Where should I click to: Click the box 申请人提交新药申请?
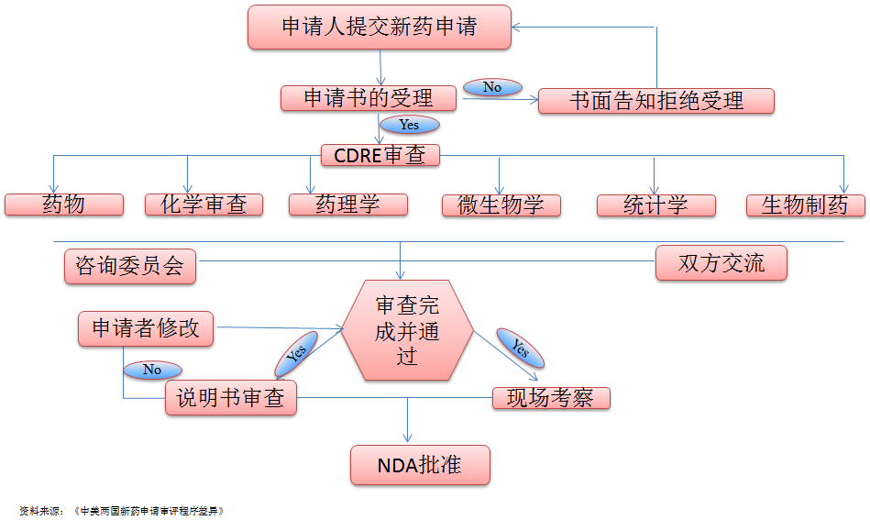click(x=380, y=27)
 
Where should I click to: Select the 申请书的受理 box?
click(x=369, y=98)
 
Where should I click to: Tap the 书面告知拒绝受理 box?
click(x=656, y=101)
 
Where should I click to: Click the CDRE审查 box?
click(x=380, y=155)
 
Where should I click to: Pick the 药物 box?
click(x=64, y=205)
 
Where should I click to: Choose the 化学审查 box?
click(x=204, y=205)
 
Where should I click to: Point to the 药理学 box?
click(x=347, y=205)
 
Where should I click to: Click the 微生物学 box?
click(x=501, y=205)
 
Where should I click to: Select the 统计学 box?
click(x=655, y=205)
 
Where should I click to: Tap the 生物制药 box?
click(x=806, y=205)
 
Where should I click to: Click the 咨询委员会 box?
click(x=130, y=265)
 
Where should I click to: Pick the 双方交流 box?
click(x=721, y=263)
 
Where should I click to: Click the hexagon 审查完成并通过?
click(x=407, y=331)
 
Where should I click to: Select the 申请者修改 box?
click(x=146, y=328)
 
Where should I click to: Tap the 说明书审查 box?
click(x=231, y=398)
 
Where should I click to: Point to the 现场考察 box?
click(x=551, y=398)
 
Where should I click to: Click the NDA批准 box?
click(x=420, y=465)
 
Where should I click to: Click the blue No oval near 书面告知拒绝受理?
click(x=492, y=87)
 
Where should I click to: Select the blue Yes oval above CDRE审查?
click(x=409, y=125)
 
